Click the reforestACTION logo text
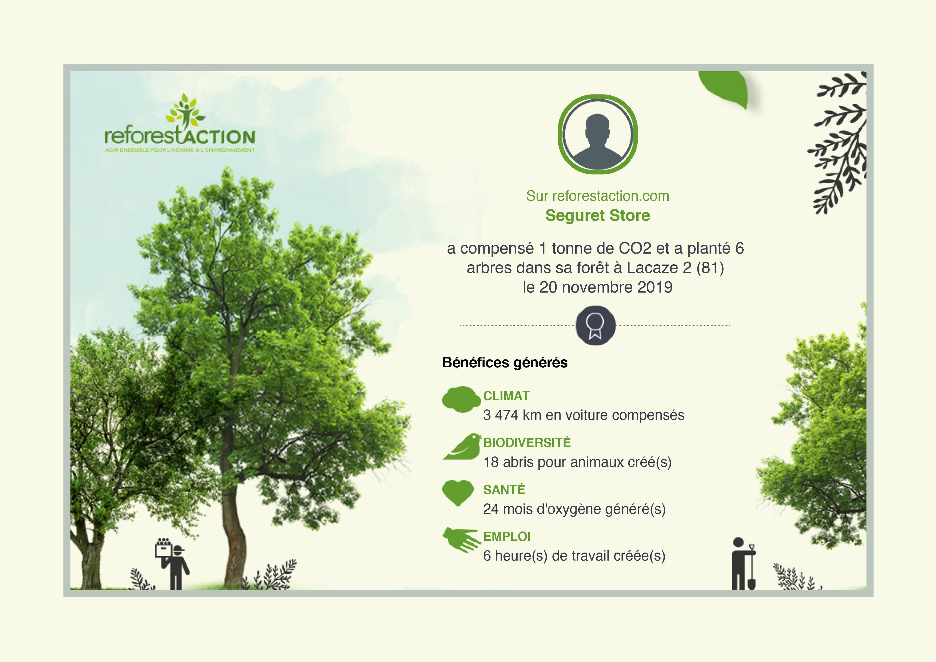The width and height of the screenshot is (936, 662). click(x=180, y=136)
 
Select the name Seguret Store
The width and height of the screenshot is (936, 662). click(x=598, y=215)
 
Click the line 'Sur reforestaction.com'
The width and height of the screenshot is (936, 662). click(x=598, y=196)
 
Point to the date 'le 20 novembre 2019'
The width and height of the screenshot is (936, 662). click(x=598, y=287)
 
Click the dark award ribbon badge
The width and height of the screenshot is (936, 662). click(x=595, y=325)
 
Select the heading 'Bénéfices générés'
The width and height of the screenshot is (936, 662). click(x=505, y=362)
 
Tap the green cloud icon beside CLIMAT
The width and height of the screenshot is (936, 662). click(x=462, y=399)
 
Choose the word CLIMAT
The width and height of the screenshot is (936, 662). click(x=506, y=396)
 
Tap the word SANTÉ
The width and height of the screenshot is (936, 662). click(x=504, y=490)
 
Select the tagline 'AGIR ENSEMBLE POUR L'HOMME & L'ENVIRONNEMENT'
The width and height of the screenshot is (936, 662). click(x=180, y=150)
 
